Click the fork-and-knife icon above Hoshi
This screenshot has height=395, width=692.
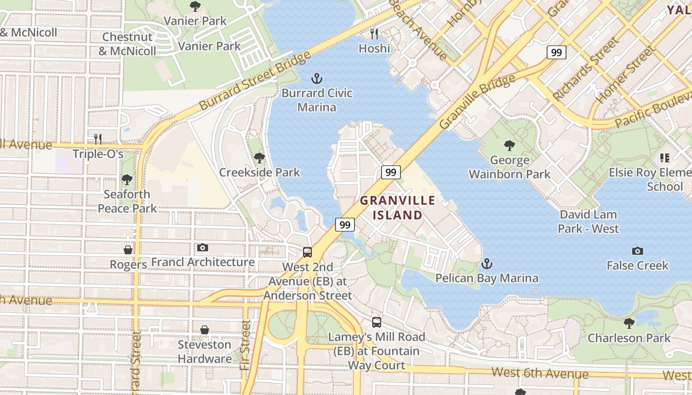point(374,34)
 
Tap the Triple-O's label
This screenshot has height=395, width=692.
point(98,154)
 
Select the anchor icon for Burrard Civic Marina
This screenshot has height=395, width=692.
point(316,79)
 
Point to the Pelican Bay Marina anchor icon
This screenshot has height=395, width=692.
point(487,264)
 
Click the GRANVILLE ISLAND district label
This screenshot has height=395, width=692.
point(397,208)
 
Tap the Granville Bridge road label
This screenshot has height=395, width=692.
point(477,101)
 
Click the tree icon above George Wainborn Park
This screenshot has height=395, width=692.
point(509,146)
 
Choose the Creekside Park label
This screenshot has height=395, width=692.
point(259,172)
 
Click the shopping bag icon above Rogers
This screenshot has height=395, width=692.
point(128,250)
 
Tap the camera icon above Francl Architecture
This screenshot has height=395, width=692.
point(203,248)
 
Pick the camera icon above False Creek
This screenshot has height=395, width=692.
point(638,251)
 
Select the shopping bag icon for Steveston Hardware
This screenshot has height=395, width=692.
point(205,330)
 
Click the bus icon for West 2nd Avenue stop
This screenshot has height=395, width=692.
point(307,252)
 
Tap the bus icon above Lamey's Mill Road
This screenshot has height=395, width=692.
point(377,322)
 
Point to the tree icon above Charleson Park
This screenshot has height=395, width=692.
point(629,323)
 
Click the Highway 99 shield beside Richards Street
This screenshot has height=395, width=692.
point(556,52)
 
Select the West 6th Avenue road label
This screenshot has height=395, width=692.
point(540,373)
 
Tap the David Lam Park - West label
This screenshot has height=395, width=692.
point(588,222)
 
